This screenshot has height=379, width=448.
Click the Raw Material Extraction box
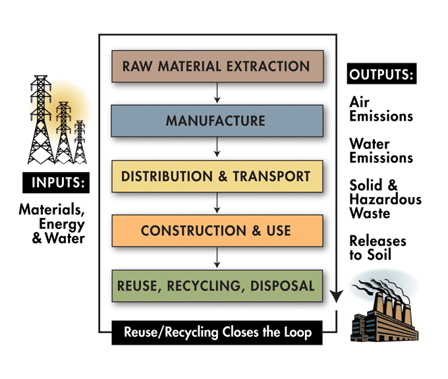(217, 66)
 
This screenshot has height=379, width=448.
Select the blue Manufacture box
(217, 121)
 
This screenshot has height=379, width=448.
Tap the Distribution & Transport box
(217, 177)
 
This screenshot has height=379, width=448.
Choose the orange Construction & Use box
(217, 231)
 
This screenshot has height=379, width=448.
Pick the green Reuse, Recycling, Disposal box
(217, 285)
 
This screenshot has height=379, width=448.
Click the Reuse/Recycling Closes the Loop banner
(217, 332)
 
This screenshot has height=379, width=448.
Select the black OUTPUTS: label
(383, 73)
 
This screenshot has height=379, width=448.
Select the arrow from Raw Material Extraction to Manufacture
(217, 94)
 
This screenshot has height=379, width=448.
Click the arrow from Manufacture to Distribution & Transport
(217, 149)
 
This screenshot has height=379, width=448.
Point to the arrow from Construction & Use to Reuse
(217, 258)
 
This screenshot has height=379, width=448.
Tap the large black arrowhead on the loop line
(337, 300)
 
